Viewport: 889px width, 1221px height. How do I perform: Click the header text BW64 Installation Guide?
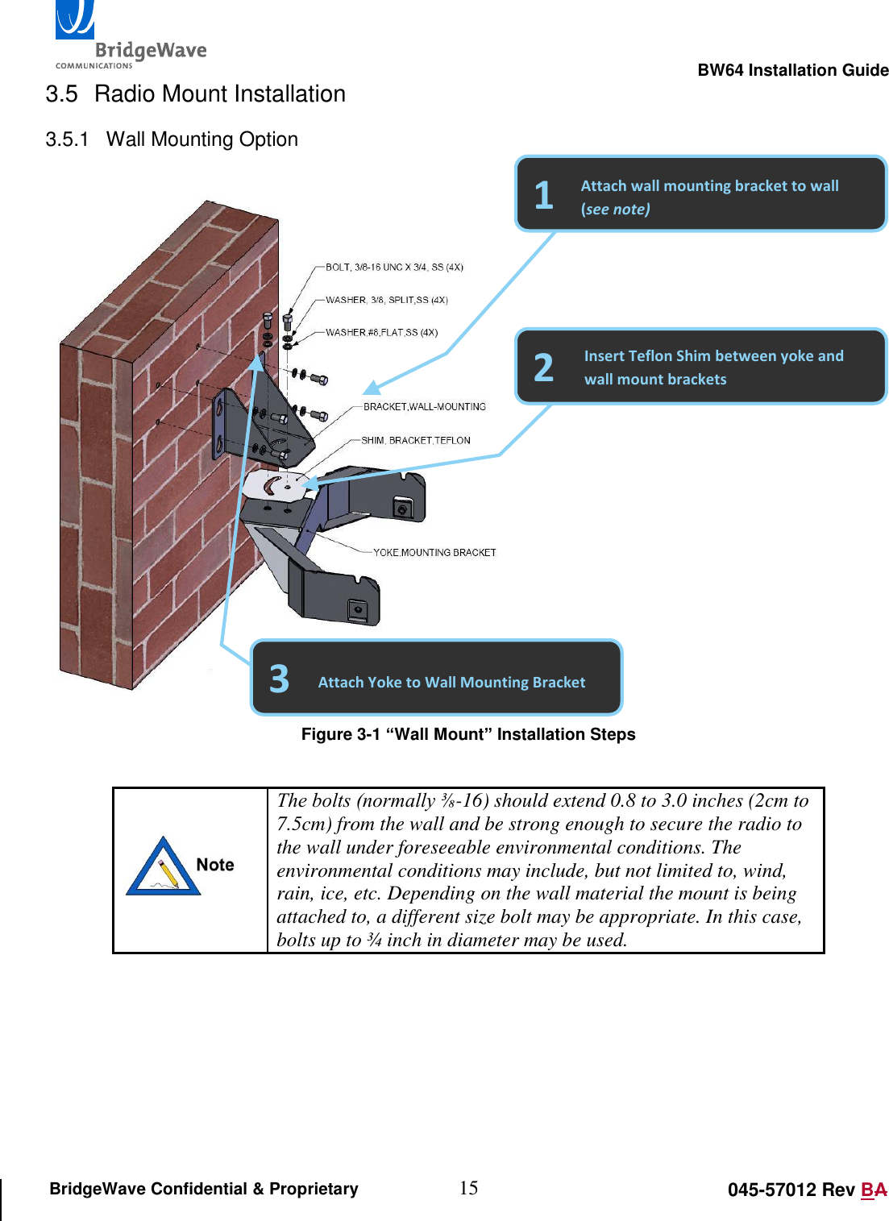(x=792, y=70)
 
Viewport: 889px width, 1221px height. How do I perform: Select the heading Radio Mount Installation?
(x=219, y=94)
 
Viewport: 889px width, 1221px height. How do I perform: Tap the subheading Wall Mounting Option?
(x=201, y=139)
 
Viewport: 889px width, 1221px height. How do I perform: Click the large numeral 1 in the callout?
(x=544, y=196)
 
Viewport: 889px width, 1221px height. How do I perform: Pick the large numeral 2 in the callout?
(x=544, y=368)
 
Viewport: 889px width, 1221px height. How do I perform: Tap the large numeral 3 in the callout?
(x=279, y=679)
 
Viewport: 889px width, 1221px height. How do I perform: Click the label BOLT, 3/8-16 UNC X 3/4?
(x=393, y=267)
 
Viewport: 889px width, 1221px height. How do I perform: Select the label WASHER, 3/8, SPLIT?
(x=386, y=300)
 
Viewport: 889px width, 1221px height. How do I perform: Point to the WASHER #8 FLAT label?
(x=381, y=332)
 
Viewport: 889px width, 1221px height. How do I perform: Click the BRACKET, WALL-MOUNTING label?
(x=424, y=407)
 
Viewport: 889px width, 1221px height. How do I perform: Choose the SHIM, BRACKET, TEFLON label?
(x=415, y=441)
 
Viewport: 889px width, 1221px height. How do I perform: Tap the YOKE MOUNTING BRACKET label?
(x=434, y=553)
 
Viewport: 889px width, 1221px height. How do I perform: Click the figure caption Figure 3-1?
(x=467, y=734)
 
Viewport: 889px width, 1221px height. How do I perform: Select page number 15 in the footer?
(x=468, y=1188)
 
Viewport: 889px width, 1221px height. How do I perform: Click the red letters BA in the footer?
(x=874, y=1190)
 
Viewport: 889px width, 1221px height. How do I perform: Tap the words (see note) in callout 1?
(x=615, y=210)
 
